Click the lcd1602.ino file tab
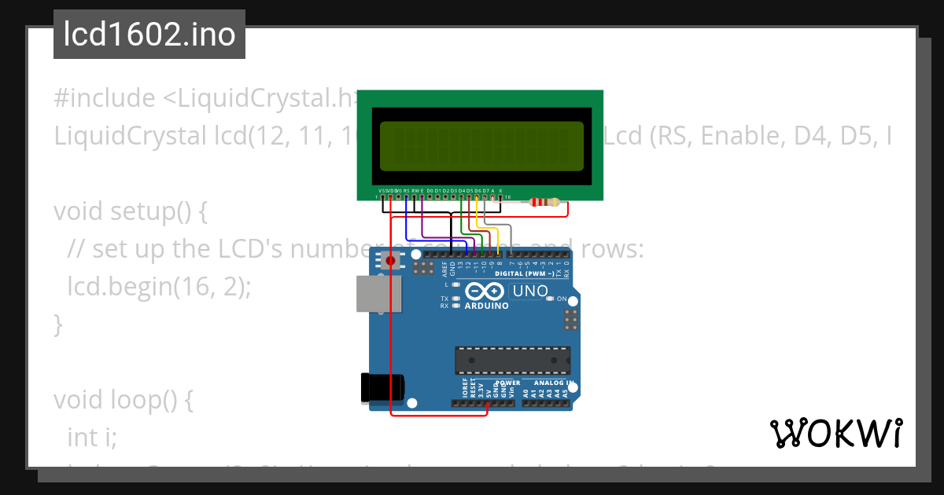tap(149, 35)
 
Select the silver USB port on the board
tap(377, 295)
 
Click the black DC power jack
tap(382, 387)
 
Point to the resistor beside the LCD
tap(544, 203)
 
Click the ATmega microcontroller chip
tap(512, 360)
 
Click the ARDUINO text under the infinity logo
tap(486, 306)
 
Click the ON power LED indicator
tap(551, 299)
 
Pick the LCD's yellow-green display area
tap(481, 147)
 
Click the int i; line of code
tap(92, 436)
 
